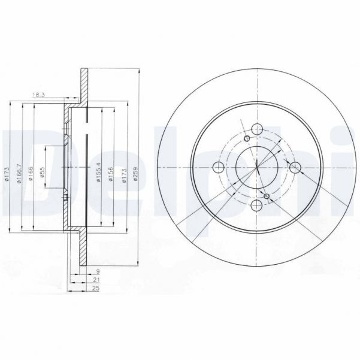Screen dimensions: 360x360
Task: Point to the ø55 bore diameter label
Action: click(x=43, y=173)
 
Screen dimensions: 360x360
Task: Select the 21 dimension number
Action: click(x=96, y=280)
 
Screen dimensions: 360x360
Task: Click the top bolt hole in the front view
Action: click(x=257, y=129)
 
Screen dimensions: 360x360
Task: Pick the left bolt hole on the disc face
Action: click(x=219, y=167)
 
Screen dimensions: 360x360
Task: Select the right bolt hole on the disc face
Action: click(x=295, y=167)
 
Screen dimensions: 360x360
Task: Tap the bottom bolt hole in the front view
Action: click(x=257, y=205)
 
